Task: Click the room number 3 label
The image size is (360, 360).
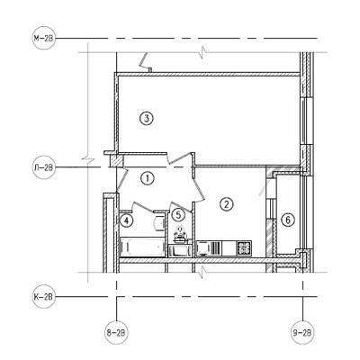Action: pos(147,119)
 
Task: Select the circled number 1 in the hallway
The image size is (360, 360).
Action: pos(148,179)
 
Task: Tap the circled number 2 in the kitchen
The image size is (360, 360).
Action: pos(227,204)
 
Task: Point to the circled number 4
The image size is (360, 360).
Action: pos(126,220)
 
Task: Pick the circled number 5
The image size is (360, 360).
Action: pos(178,214)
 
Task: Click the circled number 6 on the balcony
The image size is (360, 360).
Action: pos(288,220)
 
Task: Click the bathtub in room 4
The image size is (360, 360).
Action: pos(142,247)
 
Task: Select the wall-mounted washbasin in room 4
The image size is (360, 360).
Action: pos(158,222)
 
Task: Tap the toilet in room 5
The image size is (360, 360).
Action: pos(180,233)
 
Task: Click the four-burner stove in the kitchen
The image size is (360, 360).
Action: pos(244,247)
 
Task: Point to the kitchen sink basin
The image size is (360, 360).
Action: pos(202,248)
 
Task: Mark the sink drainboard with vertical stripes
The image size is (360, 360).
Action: pos(215,248)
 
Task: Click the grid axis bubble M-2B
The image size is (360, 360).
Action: pos(44,38)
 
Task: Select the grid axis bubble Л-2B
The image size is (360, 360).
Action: pos(44,167)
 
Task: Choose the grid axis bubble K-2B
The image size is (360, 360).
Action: pos(44,297)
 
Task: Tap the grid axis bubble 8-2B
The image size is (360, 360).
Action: pos(116,333)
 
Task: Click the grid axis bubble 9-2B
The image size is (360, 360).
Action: pos(302,333)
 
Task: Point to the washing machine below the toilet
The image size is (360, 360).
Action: pos(180,250)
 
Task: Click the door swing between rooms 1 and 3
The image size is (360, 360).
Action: pos(179,157)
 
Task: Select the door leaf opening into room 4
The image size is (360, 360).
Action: pos(143,207)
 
